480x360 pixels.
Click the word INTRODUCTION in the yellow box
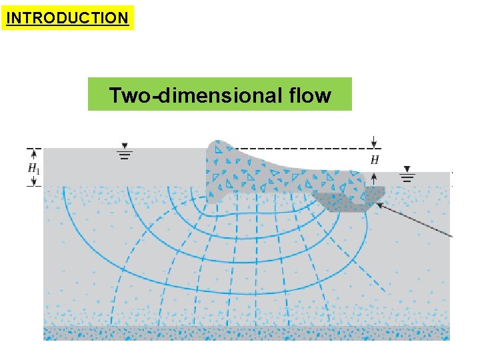67,18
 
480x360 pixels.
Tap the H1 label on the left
34,169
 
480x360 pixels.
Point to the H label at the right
375,160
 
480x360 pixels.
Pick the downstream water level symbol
407,174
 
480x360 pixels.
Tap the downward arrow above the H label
375,142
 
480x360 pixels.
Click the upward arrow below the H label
375,177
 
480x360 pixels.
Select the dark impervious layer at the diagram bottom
247,333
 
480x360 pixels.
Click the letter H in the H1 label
32,168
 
